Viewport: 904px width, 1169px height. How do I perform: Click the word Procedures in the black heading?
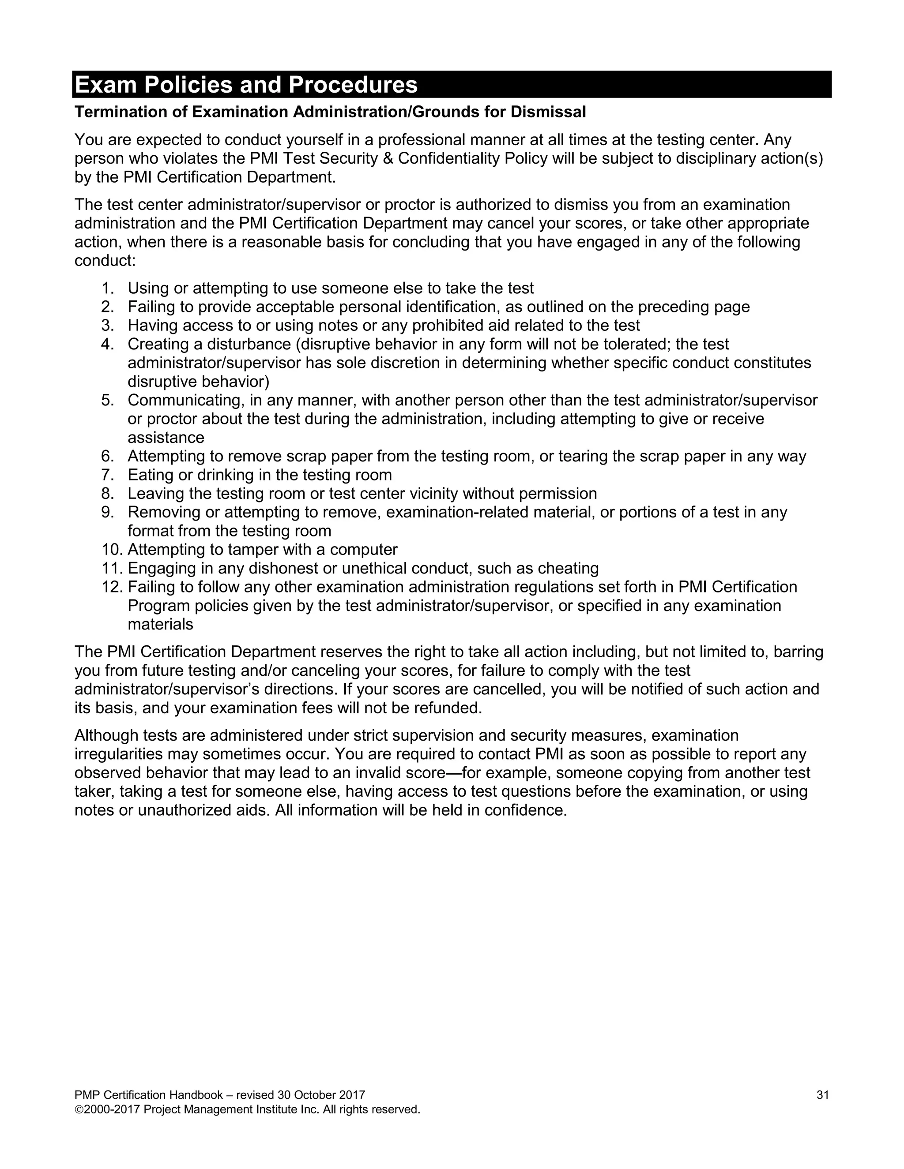[x=354, y=85]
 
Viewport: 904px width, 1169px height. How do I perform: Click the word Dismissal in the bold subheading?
[x=548, y=112]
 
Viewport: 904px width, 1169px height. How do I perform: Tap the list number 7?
[x=107, y=475]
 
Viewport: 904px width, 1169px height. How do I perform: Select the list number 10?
[x=111, y=550]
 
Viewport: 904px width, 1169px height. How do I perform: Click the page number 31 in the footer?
[x=823, y=1095]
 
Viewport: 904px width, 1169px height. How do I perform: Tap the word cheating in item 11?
[x=568, y=569]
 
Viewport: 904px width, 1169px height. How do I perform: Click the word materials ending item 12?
[x=160, y=624]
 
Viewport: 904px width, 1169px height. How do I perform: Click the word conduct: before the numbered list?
[x=105, y=261]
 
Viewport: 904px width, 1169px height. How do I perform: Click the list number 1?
[x=107, y=288]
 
